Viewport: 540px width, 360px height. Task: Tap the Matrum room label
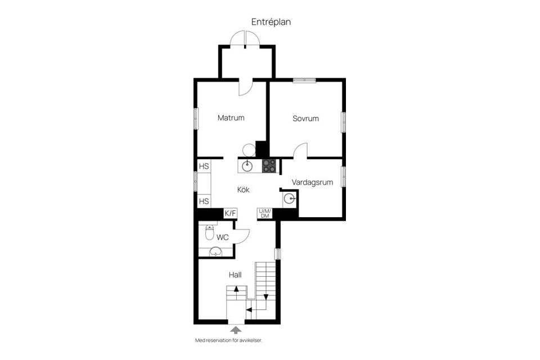231,118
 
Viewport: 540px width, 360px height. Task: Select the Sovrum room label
305,119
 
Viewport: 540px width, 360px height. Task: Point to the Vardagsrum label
313,182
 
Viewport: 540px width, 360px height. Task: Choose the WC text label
223,237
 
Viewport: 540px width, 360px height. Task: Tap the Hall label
235,275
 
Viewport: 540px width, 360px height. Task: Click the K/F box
231,213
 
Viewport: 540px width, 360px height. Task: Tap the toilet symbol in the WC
210,232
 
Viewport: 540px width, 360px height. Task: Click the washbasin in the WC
215,251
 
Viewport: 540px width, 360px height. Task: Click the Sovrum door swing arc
300,150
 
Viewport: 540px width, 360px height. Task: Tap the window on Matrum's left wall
196,119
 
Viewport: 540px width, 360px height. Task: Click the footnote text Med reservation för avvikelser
228,340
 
